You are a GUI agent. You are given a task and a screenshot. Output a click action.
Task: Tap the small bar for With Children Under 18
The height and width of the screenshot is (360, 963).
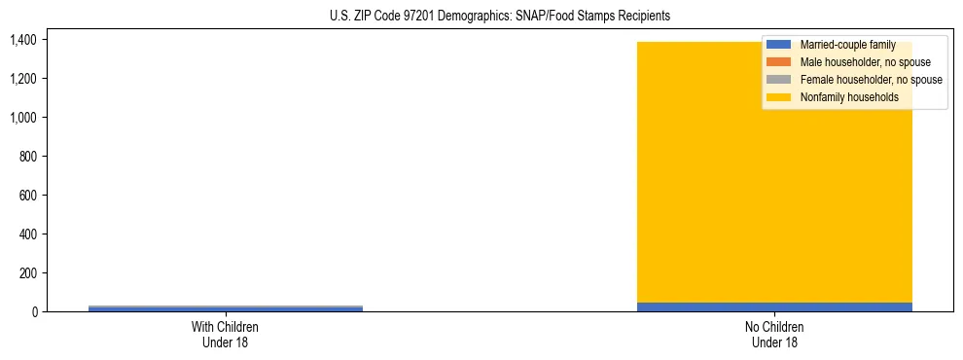click(226, 308)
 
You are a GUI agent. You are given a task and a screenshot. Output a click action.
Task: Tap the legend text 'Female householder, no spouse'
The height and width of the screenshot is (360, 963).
click(871, 80)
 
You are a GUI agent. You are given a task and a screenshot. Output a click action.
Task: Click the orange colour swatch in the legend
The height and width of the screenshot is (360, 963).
click(778, 62)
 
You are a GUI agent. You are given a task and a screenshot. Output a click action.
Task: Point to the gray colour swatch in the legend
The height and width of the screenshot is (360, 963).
click(778, 80)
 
